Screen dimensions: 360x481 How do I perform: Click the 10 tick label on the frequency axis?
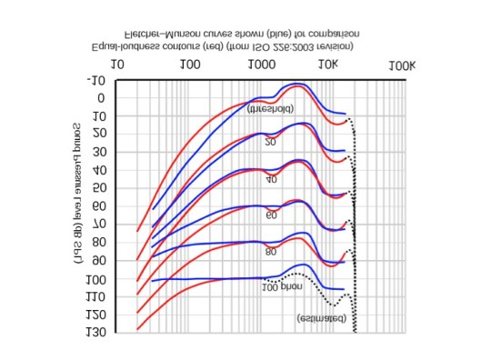(x=117, y=65)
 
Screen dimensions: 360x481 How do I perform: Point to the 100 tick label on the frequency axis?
(x=190, y=65)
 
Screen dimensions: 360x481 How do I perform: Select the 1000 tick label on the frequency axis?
(x=263, y=65)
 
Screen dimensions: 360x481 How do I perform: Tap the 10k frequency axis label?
(x=328, y=65)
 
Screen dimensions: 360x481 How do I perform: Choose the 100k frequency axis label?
(x=401, y=65)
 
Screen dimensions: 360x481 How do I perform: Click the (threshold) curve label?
(x=270, y=108)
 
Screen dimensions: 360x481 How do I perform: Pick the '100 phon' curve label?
(x=282, y=287)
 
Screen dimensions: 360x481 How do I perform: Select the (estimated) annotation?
(x=320, y=318)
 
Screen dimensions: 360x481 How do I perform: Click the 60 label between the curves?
(x=271, y=215)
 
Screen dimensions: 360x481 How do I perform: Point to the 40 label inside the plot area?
(x=271, y=180)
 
